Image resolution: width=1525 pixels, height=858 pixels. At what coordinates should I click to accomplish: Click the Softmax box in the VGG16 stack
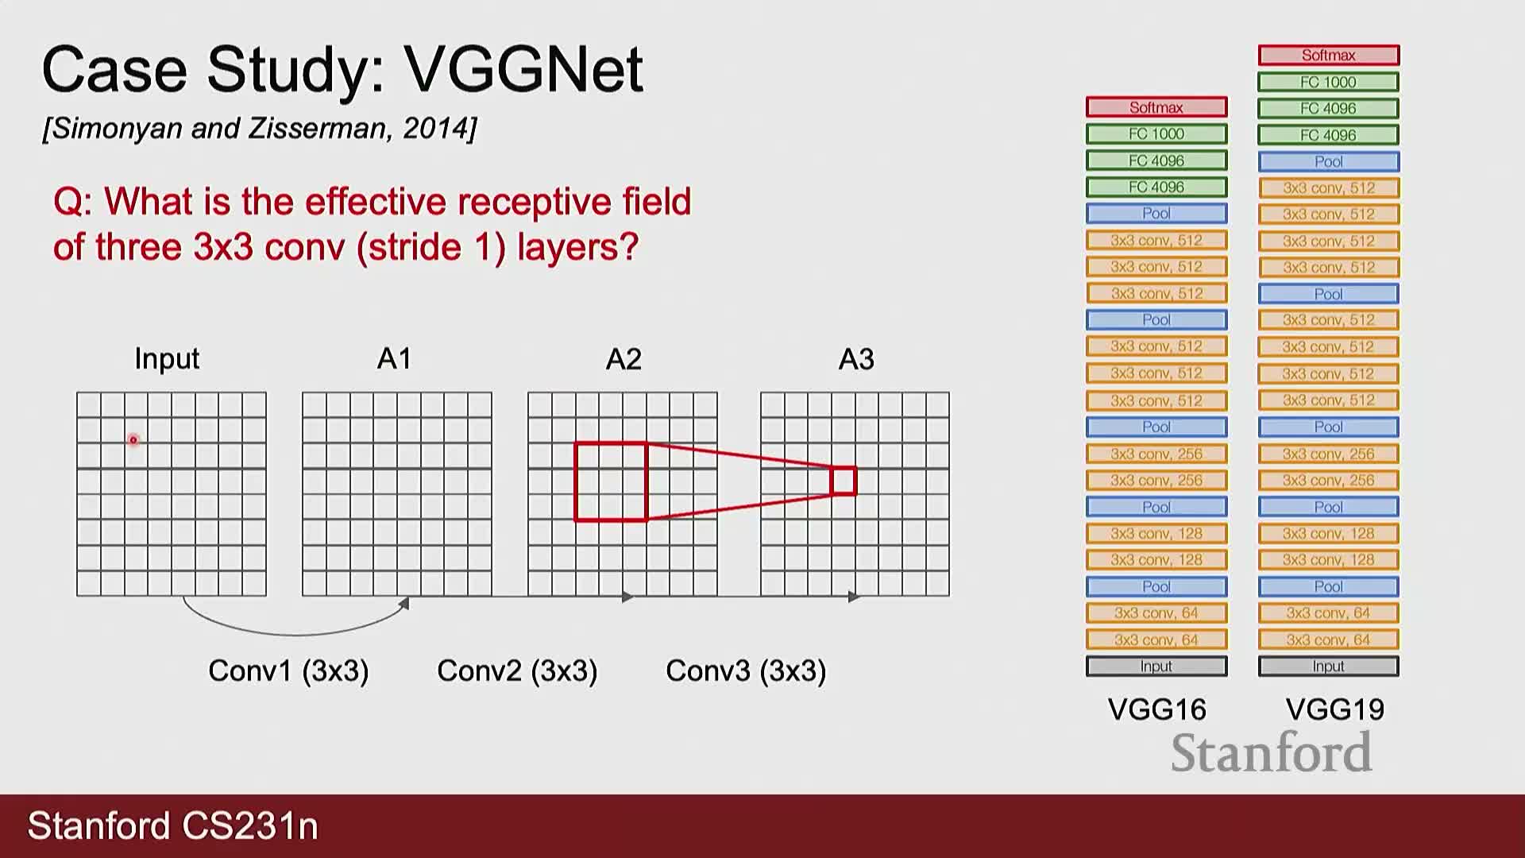click(1156, 107)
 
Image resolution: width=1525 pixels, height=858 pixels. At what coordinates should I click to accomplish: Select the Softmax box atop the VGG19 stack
click(1329, 55)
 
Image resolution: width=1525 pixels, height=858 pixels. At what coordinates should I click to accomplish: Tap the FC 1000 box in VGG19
click(1329, 82)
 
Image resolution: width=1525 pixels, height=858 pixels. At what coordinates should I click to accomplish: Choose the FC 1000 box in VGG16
click(1156, 133)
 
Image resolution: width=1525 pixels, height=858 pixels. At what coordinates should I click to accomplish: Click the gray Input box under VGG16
click(1156, 666)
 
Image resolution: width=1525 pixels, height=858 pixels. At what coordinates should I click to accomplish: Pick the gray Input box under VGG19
click(1329, 666)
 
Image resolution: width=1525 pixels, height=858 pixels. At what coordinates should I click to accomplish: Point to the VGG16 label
click(1157, 709)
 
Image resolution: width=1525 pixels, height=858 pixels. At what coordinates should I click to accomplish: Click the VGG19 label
click(1335, 709)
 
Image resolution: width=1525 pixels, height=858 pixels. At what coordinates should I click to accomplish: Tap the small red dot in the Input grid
click(133, 439)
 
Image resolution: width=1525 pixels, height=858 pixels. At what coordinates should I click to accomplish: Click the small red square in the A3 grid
click(844, 481)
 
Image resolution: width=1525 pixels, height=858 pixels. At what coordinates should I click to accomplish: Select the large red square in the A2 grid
click(611, 481)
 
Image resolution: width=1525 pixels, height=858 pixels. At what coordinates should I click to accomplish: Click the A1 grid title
click(394, 359)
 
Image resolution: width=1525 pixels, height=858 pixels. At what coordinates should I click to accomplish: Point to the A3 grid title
click(856, 359)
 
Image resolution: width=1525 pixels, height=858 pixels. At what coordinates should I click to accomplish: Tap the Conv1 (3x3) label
click(288, 671)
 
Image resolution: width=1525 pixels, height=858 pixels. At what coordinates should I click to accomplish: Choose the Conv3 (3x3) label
click(746, 671)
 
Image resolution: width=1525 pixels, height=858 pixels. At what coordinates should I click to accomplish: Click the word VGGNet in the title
click(523, 69)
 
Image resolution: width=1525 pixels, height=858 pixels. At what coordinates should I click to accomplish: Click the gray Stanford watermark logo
click(1272, 753)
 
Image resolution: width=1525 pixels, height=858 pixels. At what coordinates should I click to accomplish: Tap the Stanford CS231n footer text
click(173, 826)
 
